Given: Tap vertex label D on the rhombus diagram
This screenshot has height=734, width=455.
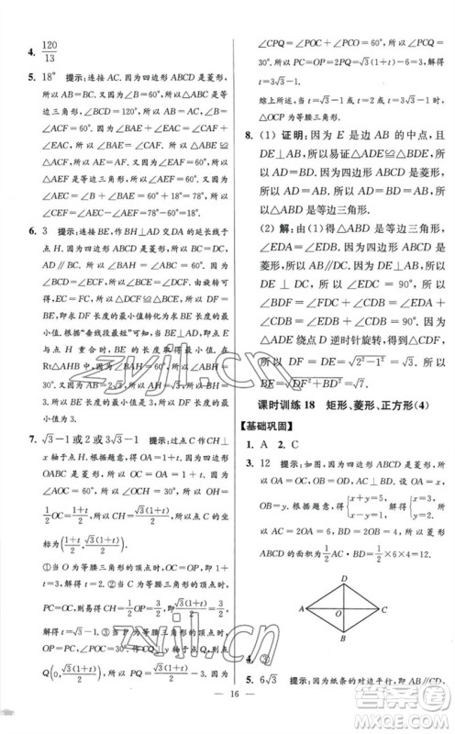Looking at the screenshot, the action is coord(340,577).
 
